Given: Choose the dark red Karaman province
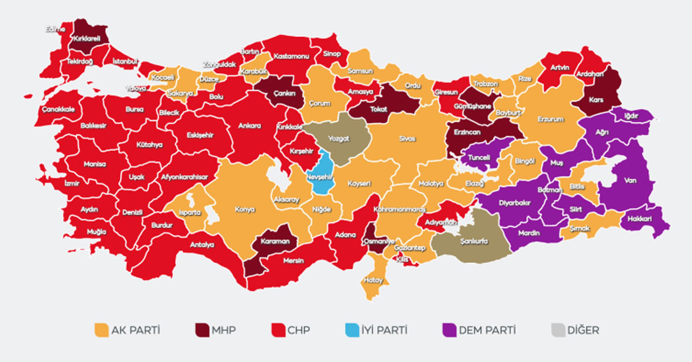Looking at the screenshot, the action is [x=274, y=242].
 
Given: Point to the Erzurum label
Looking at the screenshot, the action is [x=549, y=119].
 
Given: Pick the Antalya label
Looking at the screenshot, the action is [x=202, y=244].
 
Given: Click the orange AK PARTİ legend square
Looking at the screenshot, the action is [x=101, y=330].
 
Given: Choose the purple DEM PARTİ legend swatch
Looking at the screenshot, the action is [x=449, y=330].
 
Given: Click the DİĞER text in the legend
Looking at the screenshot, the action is [x=584, y=331].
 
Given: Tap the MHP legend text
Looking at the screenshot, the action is [x=224, y=331].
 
